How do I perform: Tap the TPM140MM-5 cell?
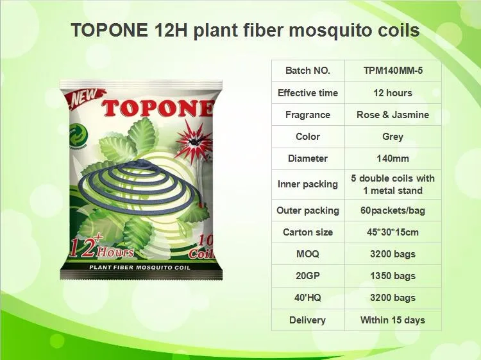coord(392,71)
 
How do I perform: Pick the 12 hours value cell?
coord(392,93)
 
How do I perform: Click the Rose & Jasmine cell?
coord(392,115)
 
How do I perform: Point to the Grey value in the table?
coord(392,137)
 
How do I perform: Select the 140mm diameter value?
coord(392,159)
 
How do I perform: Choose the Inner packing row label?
coord(308,184)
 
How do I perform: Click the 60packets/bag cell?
coord(392,210)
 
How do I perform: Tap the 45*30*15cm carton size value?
coord(392,232)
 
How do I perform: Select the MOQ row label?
coord(308,254)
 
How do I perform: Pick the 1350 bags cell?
coord(392,276)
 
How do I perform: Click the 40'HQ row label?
coord(308,298)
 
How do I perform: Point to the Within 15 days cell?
coord(392,320)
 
